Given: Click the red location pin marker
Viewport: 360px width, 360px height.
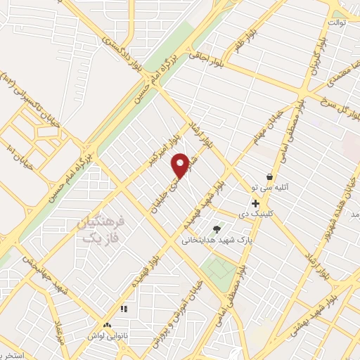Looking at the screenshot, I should [181, 165].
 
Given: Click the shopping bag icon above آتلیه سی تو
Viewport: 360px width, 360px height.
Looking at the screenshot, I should [271, 176].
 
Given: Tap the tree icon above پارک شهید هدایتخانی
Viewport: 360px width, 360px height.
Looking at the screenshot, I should [217, 229].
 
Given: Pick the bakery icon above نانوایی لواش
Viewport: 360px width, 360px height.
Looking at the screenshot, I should [107, 326].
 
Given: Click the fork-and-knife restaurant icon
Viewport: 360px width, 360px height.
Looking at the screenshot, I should [124, 309].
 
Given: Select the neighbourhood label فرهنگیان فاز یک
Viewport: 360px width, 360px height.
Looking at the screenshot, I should [103, 231].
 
